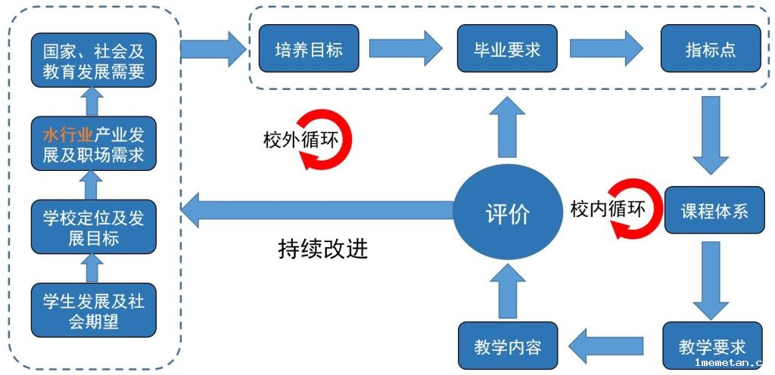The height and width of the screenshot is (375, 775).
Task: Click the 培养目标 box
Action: coord(308,49)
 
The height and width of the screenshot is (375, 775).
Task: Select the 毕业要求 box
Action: coord(507,49)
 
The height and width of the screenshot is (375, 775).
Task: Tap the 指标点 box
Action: coord(711,49)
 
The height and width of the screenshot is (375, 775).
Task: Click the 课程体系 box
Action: coord(714,210)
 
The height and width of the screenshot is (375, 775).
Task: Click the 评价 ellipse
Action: coord(507,213)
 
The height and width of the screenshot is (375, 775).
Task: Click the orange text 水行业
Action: coord(67,135)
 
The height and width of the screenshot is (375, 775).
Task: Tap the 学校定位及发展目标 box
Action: coord(93,228)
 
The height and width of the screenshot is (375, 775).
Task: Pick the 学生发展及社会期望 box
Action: coord(93,311)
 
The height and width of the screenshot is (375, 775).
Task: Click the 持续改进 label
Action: coord(322,249)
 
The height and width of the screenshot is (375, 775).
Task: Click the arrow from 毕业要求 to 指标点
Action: coord(605,49)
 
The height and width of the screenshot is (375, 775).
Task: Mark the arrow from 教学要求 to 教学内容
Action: coord(606,346)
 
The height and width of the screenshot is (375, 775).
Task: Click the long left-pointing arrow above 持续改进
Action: coord(318,210)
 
